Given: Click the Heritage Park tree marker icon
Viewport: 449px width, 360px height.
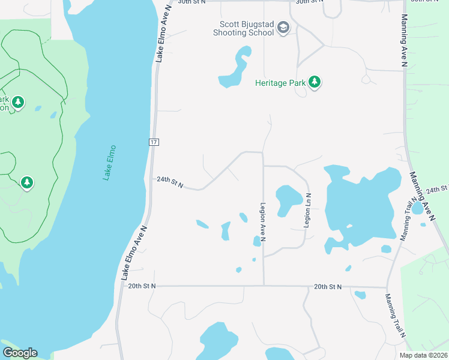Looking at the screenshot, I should [315, 83].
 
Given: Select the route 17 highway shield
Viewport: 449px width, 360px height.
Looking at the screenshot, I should [154, 142].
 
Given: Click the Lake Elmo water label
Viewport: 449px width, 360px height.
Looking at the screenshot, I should [109, 163].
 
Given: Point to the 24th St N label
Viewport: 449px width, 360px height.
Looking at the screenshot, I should [170, 179].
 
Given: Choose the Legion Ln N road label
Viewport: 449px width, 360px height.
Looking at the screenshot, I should [307, 209].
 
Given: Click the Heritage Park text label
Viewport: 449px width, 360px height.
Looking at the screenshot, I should [280, 83].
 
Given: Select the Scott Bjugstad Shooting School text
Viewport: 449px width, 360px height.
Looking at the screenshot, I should [246, 29].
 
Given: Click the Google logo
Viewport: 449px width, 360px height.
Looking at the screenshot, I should [20, 353].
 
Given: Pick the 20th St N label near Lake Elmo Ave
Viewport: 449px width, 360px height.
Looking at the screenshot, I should [142, 286].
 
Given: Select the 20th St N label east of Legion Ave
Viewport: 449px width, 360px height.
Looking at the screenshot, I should [328, 287].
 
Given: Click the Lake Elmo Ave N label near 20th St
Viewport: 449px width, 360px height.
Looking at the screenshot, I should [134, 253].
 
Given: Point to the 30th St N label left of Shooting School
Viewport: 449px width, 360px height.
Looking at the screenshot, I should [191, 2].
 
